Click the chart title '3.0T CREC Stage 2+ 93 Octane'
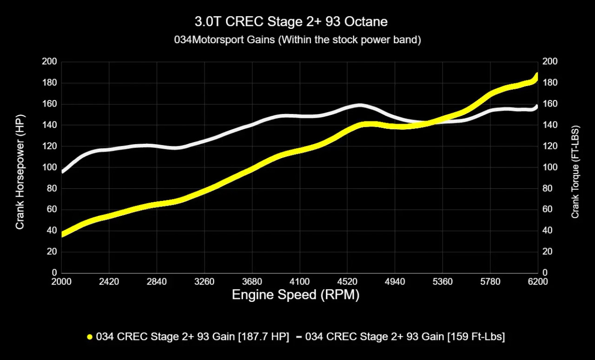pyautogui.click(x=291, y=21)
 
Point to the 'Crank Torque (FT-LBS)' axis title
pyautogui.click(x=575, y=172)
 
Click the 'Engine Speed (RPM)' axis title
pyautogui.click(x=295, y=294)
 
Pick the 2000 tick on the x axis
pyautogui.click(x=61, y=282)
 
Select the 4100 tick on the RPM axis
pyautogui.click(x=299, y=282)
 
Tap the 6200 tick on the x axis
pyautogui.click(x=538, y=282)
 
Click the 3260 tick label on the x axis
pyautogui.click(x=204, y=282)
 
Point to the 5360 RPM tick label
pyautogui.click(x=443, y=282)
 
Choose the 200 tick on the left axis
pyautogui.click(x=50, y=62)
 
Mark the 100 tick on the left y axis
pyautogui.click(x=50, y=167)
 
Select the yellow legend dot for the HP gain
pyautogui.click(x=90, y=337)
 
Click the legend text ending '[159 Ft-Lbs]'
pyautogui.click(x=405, y=337)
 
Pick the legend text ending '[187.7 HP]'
pyautogui.click(x=192, y=337)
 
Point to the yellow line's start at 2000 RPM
pyautogui.click(x=62, y=234)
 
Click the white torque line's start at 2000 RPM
pyautogui.click(x=62, y=172)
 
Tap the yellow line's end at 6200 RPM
pyautogui.click(x=537, y=77)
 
